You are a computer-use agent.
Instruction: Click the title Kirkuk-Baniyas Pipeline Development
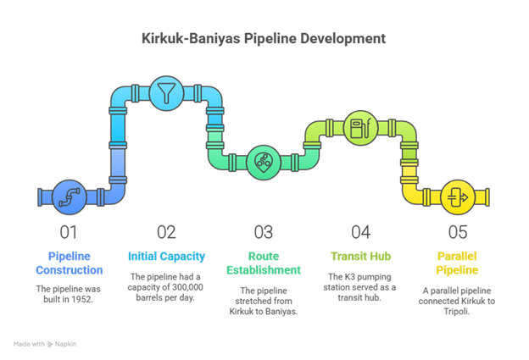coord(264,39)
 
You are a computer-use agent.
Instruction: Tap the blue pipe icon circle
coord(69,197)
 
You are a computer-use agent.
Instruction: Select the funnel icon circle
coord(165,91)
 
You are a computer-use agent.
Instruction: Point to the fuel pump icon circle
coord(360,129)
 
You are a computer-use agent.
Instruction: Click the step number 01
coord(69,231)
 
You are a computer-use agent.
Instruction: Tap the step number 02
coord(166,231)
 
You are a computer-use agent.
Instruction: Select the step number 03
coord(263,231)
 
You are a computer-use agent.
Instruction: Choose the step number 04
coord(360,231)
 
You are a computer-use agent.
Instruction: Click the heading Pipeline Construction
coord(69,263)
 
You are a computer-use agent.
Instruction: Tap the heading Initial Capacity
coord(166,256)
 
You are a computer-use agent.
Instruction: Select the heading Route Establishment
coord(263,263)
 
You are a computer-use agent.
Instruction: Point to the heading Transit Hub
coord(360,256)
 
